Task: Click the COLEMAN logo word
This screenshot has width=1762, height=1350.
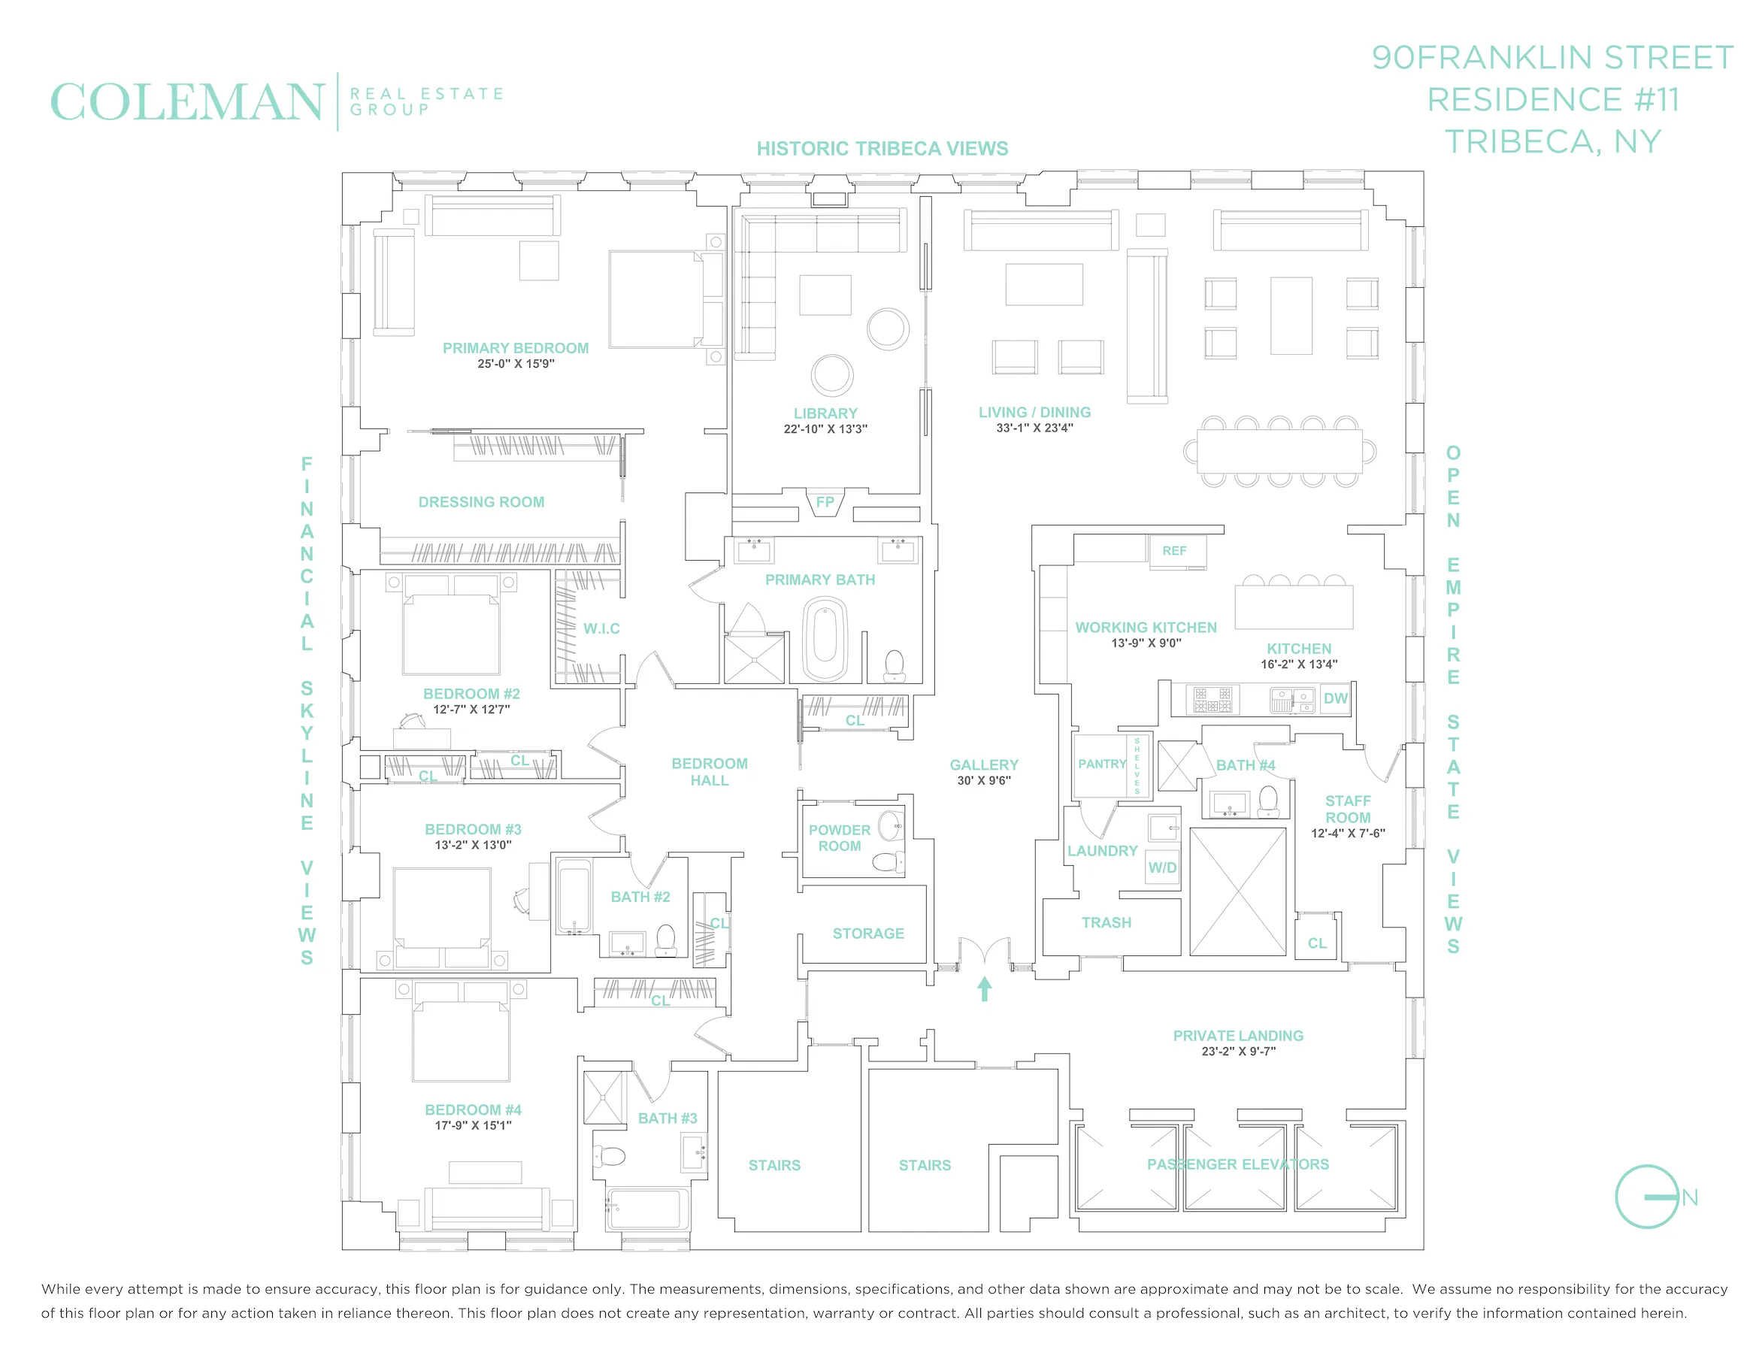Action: [x=186, y=102]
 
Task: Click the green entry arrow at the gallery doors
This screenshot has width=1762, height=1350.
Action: [x=984, y=988]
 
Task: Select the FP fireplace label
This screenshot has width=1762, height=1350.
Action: [x=825, y=502]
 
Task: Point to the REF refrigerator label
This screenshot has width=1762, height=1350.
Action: [x=1174, y=550]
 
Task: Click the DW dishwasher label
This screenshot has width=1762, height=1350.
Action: [x=1335, y=698]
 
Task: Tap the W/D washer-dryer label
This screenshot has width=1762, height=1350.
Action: [x=1162, y=867]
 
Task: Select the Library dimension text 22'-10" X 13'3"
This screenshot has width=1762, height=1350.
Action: [x=825, y=429]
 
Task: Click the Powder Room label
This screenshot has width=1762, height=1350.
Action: [x=840, y=837]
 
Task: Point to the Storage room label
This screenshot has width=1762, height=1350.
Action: [x=867, y=933]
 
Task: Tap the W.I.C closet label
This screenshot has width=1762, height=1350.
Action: [x=601, y=628]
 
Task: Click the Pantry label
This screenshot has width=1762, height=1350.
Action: [x=1101, y=764]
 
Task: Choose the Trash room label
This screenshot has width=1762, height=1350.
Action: [x=1106, y=922]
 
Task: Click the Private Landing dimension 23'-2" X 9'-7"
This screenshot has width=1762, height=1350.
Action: [x=1238, y=1051]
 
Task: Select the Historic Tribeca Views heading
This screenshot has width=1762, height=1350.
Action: [x=882, y=149]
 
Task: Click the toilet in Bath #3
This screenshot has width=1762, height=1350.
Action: [x=610, y=1157]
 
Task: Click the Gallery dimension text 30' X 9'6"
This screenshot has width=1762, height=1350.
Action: [x=983, y=780]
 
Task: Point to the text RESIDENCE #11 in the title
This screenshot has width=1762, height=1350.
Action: [x=1552, y=101]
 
